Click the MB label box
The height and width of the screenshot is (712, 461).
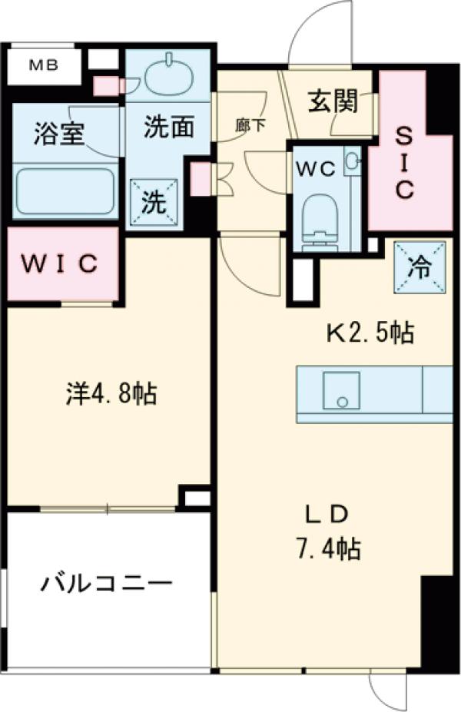(43, 66)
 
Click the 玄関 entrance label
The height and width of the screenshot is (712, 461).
(333, 101)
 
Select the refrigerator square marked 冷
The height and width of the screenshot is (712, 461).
(420, 267)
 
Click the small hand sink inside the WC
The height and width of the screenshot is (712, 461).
(352, 161)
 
